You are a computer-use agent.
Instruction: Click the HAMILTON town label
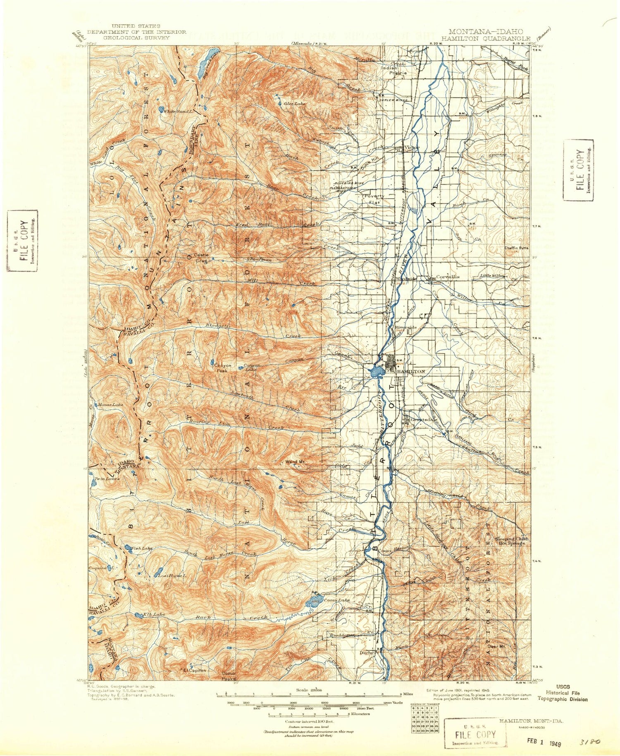click(x=411, y=371)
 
